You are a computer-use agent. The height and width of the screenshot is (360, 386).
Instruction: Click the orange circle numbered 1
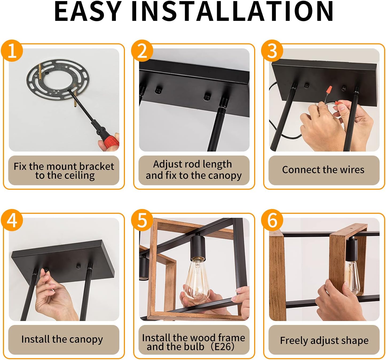(x=12, y=51)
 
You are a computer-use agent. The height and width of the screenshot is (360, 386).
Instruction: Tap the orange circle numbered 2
(x=142, y=51)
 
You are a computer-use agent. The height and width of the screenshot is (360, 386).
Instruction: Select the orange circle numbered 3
(x=272, y=51)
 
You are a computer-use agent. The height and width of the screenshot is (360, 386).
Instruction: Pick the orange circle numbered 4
(x=12, y=220)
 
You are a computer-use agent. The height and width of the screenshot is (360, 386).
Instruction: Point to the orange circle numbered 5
(x=142, y=220)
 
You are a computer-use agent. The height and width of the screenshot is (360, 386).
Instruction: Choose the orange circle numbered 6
(x=272, y=220)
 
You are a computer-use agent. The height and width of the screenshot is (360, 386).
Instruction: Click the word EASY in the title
(x=88, y=11)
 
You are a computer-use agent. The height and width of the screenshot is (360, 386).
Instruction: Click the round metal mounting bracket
(x=58, y=80)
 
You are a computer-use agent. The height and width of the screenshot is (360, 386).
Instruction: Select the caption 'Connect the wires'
(x=323, y=170)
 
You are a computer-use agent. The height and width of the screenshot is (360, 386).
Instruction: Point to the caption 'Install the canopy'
(x=62, y=339)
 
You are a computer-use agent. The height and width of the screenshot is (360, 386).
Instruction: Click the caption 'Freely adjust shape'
(x=324, y=340)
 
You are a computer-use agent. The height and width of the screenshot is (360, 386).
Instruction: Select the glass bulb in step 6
(x=352, y=278)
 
